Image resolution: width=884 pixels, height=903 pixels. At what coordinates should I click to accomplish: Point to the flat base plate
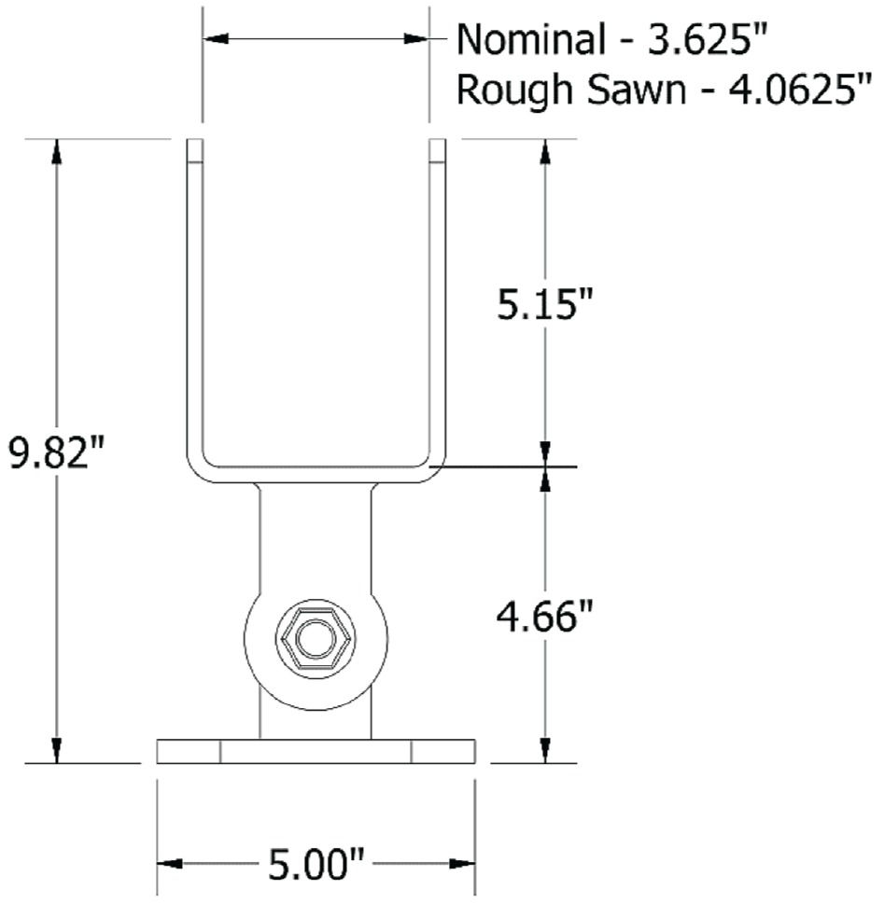click(x=316, y=752)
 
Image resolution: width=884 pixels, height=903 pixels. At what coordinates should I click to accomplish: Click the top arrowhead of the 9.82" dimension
click(x=58, y=151)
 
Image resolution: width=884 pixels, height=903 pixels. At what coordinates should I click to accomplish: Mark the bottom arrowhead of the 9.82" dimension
click(x=58, y=751)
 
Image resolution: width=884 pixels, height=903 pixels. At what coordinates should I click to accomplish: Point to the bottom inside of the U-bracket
click(x=316, y=463)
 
